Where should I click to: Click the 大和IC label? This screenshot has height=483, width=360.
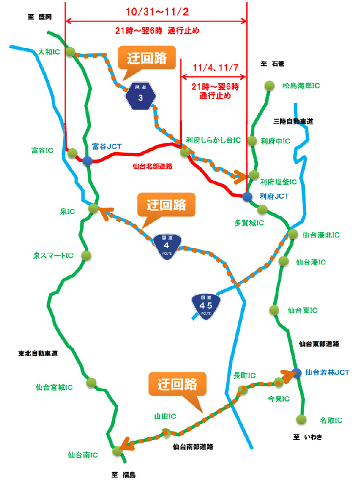[x=49, y=52]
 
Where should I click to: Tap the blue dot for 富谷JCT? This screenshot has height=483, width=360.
[x=87, y=161]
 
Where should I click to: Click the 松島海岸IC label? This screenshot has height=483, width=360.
[x=301, y=86]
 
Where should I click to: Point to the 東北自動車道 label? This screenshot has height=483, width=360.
[x=38, y=353]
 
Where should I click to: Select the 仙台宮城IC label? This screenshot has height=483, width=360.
[x=54, y=387]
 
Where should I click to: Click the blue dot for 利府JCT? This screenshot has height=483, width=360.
[x=247, y=196]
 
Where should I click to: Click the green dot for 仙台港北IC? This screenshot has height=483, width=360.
[x=292, y=234]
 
